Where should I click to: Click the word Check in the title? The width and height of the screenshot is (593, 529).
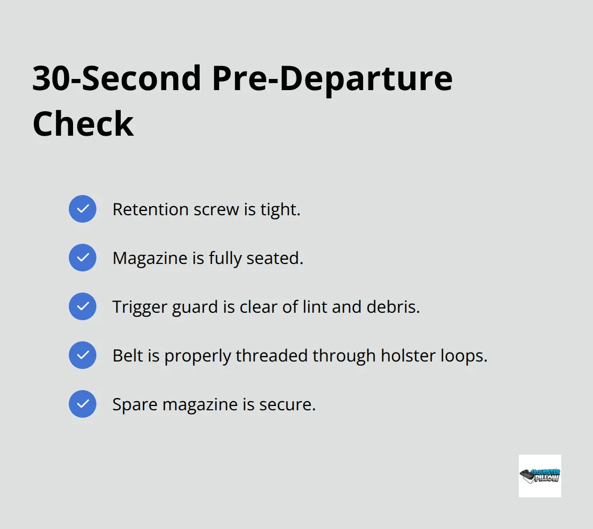(83, 124)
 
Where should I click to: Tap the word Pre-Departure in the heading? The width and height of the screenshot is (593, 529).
(332, 78)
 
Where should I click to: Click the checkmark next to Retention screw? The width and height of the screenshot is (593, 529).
(83, 209)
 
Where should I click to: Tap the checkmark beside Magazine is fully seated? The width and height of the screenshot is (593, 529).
(83, 258)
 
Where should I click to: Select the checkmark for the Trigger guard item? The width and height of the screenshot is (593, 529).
(83, 306)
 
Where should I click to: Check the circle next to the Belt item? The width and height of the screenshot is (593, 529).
(83, 355)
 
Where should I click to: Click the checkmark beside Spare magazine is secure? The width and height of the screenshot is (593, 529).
(83, 404)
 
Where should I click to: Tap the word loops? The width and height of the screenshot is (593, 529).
(464, 356)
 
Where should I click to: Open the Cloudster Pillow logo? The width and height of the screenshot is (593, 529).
(540, 475)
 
